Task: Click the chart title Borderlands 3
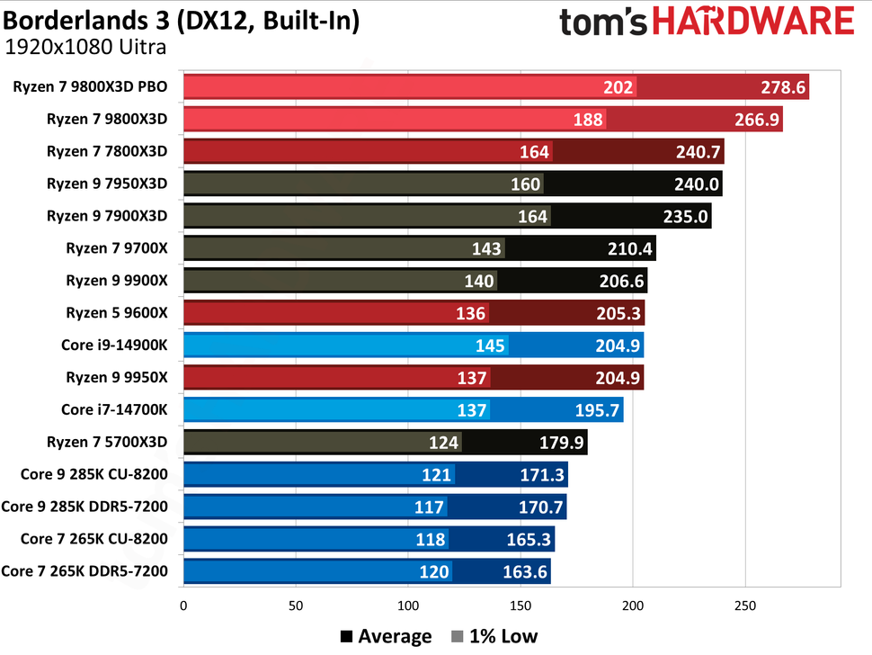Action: pyautogui.click(x=181, y=20)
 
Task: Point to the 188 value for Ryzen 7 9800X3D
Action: pyautogui.click(x=588, y=120)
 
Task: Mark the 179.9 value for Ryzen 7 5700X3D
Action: pyautogui.click(x=558, y=442)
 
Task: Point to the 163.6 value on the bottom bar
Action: pyautogui.click(x=522, y=571)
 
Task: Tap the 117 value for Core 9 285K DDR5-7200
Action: pyautogui.click(x=429, y=507)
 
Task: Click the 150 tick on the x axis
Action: pyautogui.click(x=521, y=606)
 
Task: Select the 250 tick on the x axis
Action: pyautogui.click(x=745, y=606)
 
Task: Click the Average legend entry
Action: pyautogui.click(x=386, y=637)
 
